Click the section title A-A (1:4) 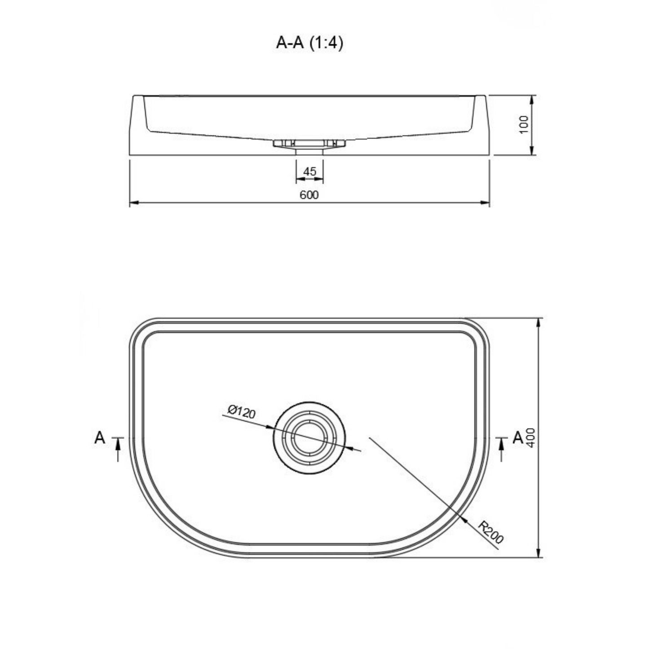click(x=309, y=43)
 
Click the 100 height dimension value click(x=524, y=124)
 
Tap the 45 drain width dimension click(x=309, y=172)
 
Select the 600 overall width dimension click(x=309, y=195)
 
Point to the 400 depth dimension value click(x=531, y=437)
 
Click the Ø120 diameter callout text click(x=241, y=411)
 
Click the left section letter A click(x=100, y=438)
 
